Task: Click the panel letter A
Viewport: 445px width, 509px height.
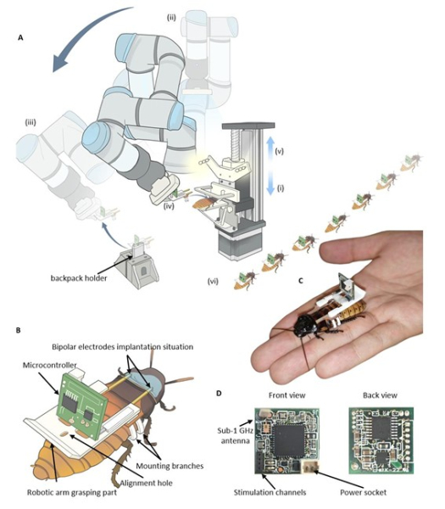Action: pyautogui.click(x=20, y=38)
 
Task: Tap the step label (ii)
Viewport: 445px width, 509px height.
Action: pyautogui.click(x=171, y=18)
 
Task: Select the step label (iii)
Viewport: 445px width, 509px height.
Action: pyautogui.click(x=31, y=122)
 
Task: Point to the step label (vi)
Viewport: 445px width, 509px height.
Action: pyautogui.click(x=213, y=281)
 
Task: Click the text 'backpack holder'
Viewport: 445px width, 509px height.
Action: pyautogui.click(x=79, y=278)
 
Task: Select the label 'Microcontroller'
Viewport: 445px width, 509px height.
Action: pyautogui.click(x=50, y=365)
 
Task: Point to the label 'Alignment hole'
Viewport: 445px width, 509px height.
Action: pyautogui.click(x=147, y=483)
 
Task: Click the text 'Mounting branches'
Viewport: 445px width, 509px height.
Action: pyautogui.click(x=170, y=466)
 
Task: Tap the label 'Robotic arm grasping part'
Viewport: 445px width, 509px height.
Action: pyautogui.click(x=72, y=492)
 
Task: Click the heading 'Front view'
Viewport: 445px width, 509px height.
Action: pyautogui.click(x=286, y=395)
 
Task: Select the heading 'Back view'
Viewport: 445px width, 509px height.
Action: pyautogui.click(x=380, y=395)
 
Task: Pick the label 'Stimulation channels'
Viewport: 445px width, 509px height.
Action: pyautogui.click(x=270, y=492)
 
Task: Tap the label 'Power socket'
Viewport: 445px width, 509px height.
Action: pyautogui.click(x=364, y=492)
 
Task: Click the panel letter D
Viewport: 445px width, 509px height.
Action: pyautogui.click(x=219, y=394)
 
